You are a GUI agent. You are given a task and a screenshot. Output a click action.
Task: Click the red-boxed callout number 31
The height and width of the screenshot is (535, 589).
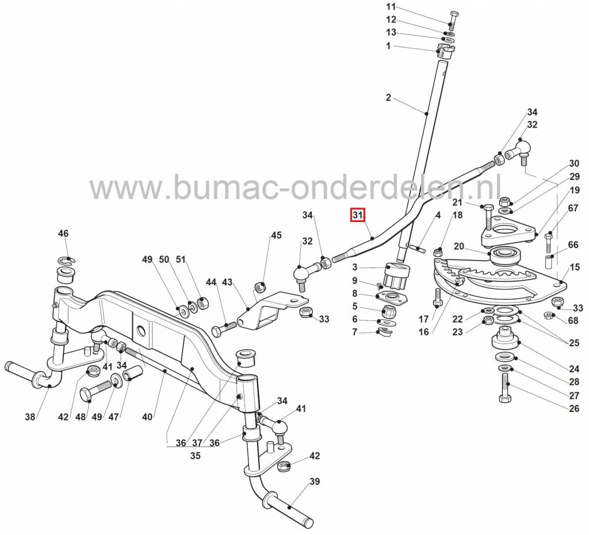[x=358, y=216]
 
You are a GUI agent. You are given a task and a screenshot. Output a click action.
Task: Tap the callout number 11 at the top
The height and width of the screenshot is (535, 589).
[x=391, y=7]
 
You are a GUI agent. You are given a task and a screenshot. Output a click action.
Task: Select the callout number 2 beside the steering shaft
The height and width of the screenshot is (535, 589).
[x=388, y=98]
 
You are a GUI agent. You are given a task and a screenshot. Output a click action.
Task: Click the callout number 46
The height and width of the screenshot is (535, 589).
[x=63, y=234]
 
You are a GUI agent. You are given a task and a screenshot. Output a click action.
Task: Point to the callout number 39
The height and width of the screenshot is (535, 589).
[x=314, y=481]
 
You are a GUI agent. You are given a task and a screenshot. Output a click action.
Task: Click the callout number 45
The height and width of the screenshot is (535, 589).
[x=277, y=235]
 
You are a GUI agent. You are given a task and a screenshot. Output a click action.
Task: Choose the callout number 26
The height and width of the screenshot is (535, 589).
[x=574, y=409]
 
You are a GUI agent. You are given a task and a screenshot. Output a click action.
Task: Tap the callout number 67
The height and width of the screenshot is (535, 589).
[x=573, y=208]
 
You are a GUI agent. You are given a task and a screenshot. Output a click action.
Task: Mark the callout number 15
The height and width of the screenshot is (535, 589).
[x=575, y=267]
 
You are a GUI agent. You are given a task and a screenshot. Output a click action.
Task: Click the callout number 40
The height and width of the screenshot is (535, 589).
[x=147, y=416]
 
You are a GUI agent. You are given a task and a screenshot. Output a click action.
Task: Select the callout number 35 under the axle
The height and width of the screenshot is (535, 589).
[x=195, y=455]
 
